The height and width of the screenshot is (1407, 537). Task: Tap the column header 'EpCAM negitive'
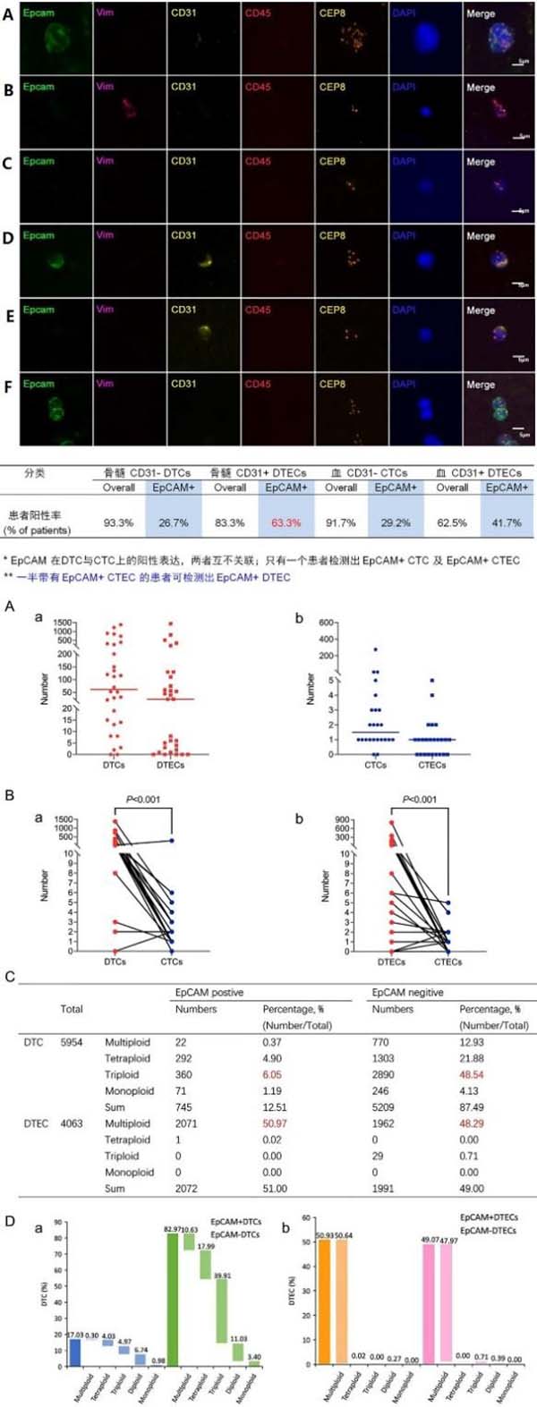(x=407, y=993)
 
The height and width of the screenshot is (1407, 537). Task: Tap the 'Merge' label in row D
(x=481, y=236)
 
